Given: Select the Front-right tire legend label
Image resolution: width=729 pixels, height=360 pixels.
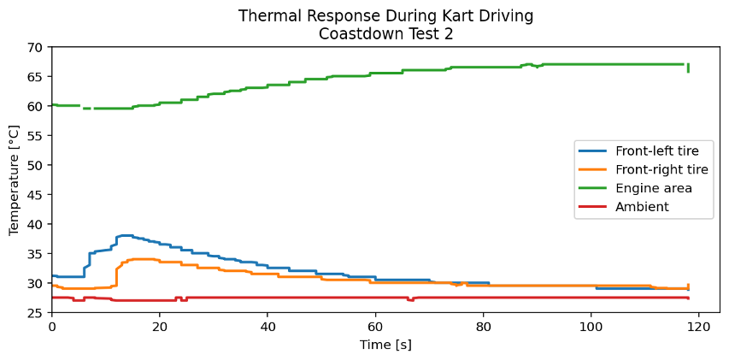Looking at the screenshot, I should [661, 169].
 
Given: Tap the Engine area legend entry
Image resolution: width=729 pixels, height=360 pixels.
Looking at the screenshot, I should [654, 188].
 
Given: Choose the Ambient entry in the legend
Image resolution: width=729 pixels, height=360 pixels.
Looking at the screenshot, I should [642, 207].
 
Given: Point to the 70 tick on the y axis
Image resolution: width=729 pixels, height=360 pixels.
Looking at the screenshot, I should [36, 48].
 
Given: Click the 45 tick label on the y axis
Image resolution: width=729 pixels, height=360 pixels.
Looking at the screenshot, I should [36, 195].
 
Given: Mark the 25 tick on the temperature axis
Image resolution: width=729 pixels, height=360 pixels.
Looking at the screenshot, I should [36, 313].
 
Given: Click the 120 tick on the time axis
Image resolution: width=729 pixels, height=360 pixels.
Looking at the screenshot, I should [699, 326].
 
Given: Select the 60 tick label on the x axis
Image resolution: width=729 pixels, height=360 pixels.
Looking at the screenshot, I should [375, 326].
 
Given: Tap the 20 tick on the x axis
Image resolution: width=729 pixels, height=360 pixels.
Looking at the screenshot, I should [160, 326].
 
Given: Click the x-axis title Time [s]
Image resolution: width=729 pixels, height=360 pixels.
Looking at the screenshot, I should [385, 344].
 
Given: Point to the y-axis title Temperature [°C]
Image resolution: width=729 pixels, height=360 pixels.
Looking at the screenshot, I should [15, 180].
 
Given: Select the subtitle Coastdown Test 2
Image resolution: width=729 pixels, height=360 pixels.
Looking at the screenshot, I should [385, 33].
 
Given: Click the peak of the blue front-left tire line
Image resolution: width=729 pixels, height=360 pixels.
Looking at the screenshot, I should [126, 235].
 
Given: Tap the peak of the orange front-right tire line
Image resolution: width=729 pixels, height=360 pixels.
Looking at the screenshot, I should [142, 259].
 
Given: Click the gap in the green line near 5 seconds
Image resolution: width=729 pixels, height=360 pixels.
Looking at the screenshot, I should [81, 107].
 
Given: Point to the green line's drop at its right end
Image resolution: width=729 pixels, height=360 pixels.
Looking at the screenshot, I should [688, 68].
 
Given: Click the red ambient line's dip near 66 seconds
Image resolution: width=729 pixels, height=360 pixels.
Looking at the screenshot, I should [410, 300].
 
